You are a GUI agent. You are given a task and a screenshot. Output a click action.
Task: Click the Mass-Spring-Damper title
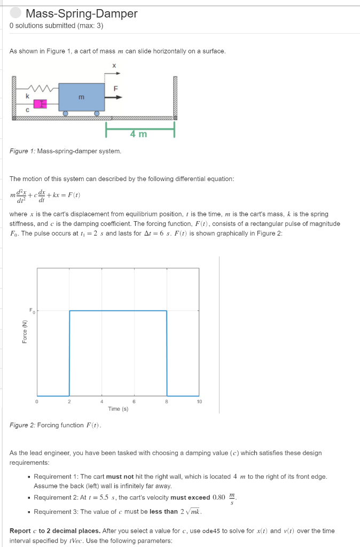point(81,14)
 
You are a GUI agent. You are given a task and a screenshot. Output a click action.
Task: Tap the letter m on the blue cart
point(81,97)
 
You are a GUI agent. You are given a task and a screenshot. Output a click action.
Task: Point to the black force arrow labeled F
point(114,97)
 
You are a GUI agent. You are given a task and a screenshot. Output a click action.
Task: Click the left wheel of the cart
point(65,113)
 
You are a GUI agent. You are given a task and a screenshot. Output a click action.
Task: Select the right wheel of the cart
point(97,113)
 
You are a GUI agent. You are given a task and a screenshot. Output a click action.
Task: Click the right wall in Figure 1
point(174,99)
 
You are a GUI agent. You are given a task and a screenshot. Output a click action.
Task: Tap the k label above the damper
point(28,95)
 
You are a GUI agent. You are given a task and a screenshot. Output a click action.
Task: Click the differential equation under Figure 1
point(45,194)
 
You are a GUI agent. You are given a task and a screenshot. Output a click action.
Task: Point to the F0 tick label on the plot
point(31,310)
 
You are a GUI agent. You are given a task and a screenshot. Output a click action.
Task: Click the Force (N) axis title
point(24,332)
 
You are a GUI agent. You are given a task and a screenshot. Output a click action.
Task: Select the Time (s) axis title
point(118,409)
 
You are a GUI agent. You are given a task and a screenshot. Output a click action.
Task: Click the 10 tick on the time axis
point(199,401)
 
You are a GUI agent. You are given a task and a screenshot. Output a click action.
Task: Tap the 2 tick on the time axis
point(69,401)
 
